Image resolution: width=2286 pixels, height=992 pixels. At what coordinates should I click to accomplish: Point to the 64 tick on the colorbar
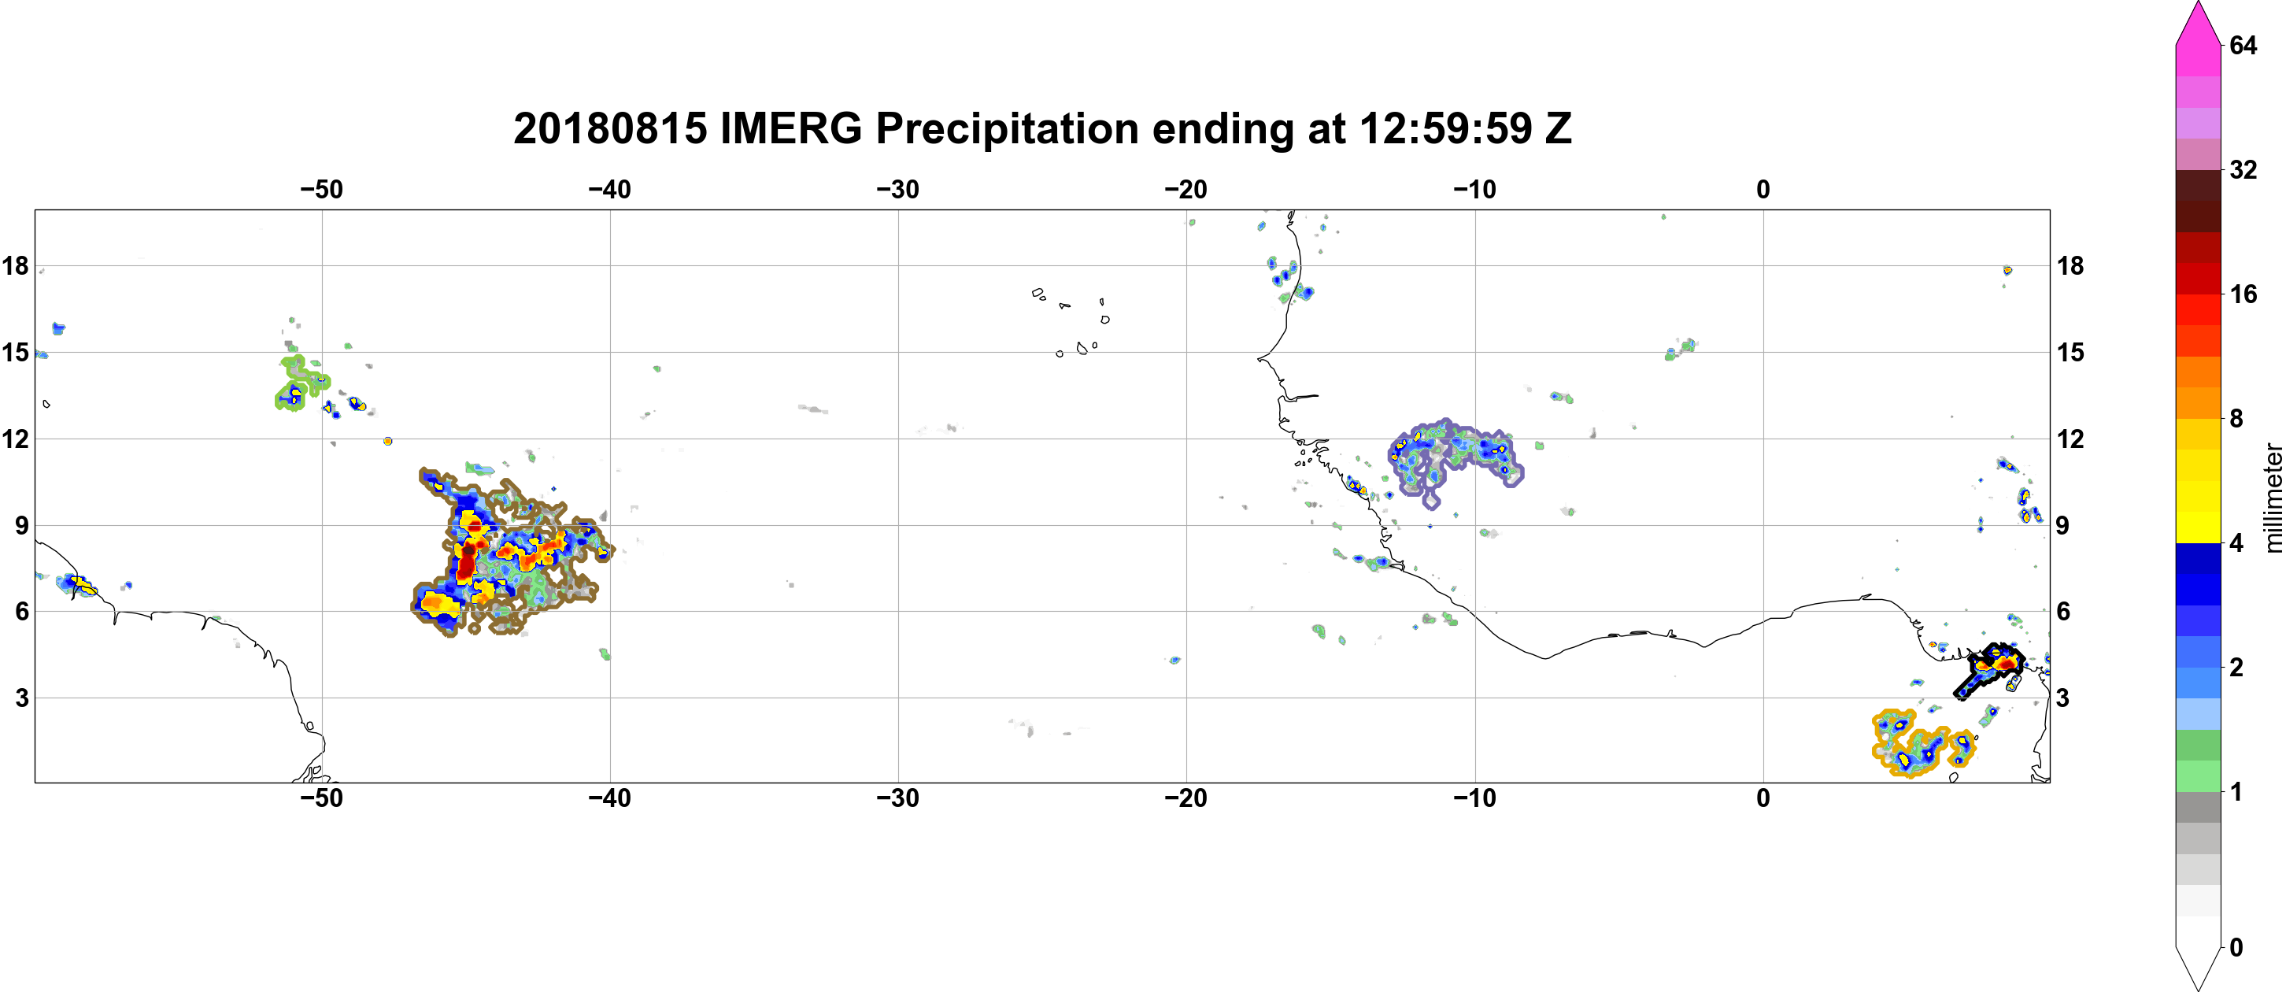2243,45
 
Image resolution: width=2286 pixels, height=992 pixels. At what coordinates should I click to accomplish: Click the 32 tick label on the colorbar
2243,169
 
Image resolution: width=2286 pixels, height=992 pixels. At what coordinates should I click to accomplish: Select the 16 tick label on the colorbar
2243,294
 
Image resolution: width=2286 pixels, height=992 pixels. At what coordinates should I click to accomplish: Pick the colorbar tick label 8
2236,418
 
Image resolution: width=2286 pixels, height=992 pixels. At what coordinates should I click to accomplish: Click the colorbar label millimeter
2273,498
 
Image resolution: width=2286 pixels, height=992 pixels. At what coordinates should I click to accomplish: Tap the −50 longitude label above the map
321,189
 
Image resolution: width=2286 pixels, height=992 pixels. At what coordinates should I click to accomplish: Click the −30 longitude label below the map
898,798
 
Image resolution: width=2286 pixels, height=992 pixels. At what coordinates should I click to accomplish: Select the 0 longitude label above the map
1763,189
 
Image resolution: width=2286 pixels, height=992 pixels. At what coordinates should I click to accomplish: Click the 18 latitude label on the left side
15,265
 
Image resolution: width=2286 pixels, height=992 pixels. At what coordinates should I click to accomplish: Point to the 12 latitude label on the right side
2070,439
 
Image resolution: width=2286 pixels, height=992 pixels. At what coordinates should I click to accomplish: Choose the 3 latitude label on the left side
22,698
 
